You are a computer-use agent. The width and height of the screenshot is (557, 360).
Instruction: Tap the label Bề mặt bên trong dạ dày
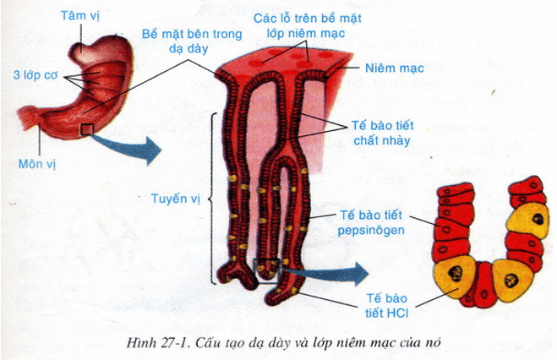[x=192, y=41]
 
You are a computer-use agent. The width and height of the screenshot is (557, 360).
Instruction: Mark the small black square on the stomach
[x=86, y=128]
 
